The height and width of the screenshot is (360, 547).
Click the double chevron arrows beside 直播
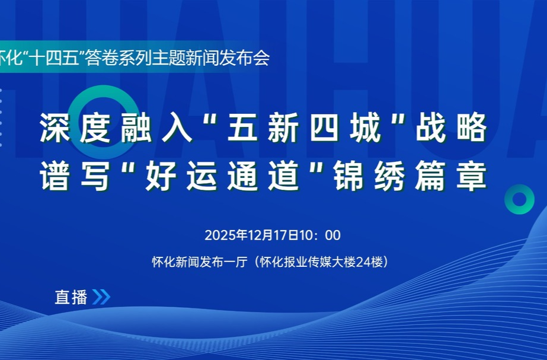point(101,297)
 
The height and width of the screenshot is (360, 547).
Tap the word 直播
point(71,297)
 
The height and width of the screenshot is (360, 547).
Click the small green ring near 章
point(519,199)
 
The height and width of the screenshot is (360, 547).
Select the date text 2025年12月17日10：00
point(273,235)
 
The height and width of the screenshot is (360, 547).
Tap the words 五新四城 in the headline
point(304,128)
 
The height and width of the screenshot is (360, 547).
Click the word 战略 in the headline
point(452,128)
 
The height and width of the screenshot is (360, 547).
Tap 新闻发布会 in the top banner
point(228,58)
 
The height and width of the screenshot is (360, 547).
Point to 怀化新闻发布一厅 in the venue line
point(199,262)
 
